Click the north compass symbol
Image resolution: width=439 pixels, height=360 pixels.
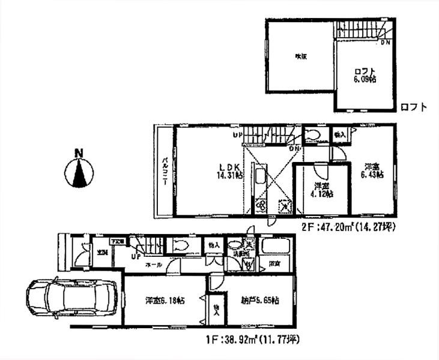tap(79, 171)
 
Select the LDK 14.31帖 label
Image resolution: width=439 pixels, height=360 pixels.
tap(231, 171)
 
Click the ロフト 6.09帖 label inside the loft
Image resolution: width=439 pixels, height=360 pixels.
tap(365, 74)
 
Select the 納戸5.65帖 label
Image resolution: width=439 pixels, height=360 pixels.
tap(258, 300)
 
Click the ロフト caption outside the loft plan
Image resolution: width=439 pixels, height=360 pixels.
tap(414, 108)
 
